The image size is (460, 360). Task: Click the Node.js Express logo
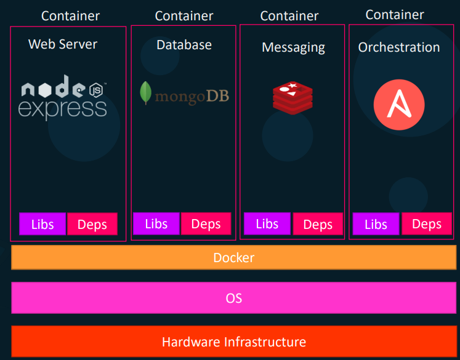(x=63, y=100)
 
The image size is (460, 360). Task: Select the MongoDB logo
(x=184, y=94)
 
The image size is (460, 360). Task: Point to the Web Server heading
(x=63, y=44)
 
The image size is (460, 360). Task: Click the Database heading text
(x=184, y=45)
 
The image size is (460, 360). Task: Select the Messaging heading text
(x=293, y=47)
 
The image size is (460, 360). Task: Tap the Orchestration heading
(x=399, y=47)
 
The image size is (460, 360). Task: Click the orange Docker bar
(x=233, y=258)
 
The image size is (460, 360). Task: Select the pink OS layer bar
(x=233, y=298)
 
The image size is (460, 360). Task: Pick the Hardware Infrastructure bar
(x=233, y=342)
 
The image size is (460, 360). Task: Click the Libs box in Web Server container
(x=42, y=225)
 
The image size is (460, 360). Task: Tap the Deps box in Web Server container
(x=92, y=225)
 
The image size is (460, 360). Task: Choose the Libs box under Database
(x=156, y=224)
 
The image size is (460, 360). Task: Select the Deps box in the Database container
(x=206, y=224)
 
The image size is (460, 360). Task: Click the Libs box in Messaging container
(x=267, y=224)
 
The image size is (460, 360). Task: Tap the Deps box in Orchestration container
(x=426, y=224)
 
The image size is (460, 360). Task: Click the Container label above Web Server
(x=70, y=16)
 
